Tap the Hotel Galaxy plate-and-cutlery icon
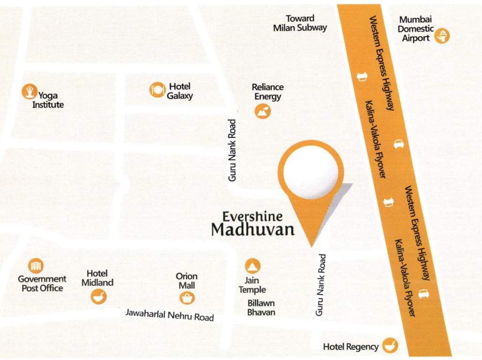pyautogui.click(x=158, y=90)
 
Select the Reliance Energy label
pyautogui.click(x=268, y=92)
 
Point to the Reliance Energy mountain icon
pyautogui.click(x=263, y=112)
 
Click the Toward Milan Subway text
pyautogui.click(x=300, y=23)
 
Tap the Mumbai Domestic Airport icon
pyautogui.click(x=442, y=36)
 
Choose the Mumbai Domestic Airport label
pyautogui.click(x=415, y=29)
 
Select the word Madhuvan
pyautogui.click(x=253, y=230)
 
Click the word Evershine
pyautogui.click(x=253, y=216)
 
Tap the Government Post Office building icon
pyautogui.click(x=36, y=266)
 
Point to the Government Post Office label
pyautogui.click(x=42, y=284)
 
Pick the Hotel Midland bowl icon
pyautogui.click(x=99, y=296)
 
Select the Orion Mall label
pyautogui.click(x=187, y=281)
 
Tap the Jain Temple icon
pyautogui.click(x=253, y=266)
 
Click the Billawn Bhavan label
pyautogui.click(x=261, y=307)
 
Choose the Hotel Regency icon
pyautogui.click(x=390, y=346)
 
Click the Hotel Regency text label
pyautogui.click(x=351, y=347)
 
